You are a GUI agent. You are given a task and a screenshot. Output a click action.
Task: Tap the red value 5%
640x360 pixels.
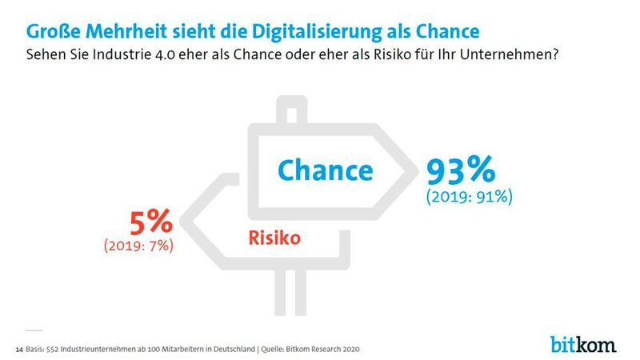pos(149,222)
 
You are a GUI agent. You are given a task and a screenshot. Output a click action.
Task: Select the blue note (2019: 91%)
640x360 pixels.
pos(470,196)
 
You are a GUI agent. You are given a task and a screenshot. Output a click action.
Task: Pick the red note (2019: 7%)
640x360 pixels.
pos(139,246)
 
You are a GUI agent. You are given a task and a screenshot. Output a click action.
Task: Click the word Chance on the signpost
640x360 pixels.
pos(325,170)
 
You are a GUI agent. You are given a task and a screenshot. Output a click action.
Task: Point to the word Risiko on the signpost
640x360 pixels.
pos(274,237)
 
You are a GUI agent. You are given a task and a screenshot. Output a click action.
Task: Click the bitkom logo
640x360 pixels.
pos(583,344)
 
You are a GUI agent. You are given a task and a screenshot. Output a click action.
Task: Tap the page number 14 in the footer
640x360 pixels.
pos(19,350)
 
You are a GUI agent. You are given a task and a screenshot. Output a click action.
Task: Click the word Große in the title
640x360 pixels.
pos(56,31)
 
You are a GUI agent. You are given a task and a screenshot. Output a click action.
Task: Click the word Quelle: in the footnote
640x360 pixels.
pos(277,350)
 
